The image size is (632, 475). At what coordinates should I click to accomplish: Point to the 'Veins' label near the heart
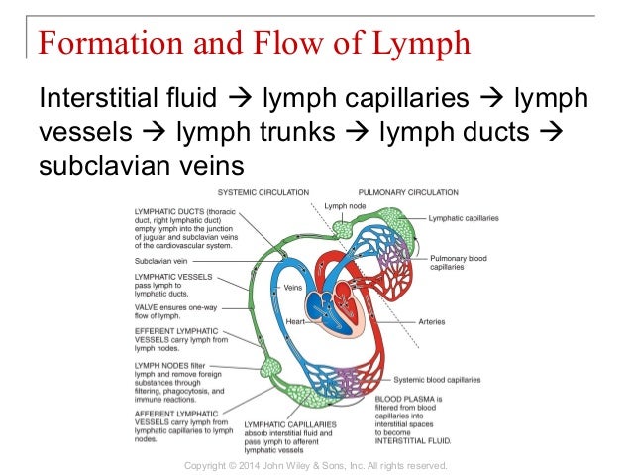293,287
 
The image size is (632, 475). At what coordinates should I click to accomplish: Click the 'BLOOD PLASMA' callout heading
400,397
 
